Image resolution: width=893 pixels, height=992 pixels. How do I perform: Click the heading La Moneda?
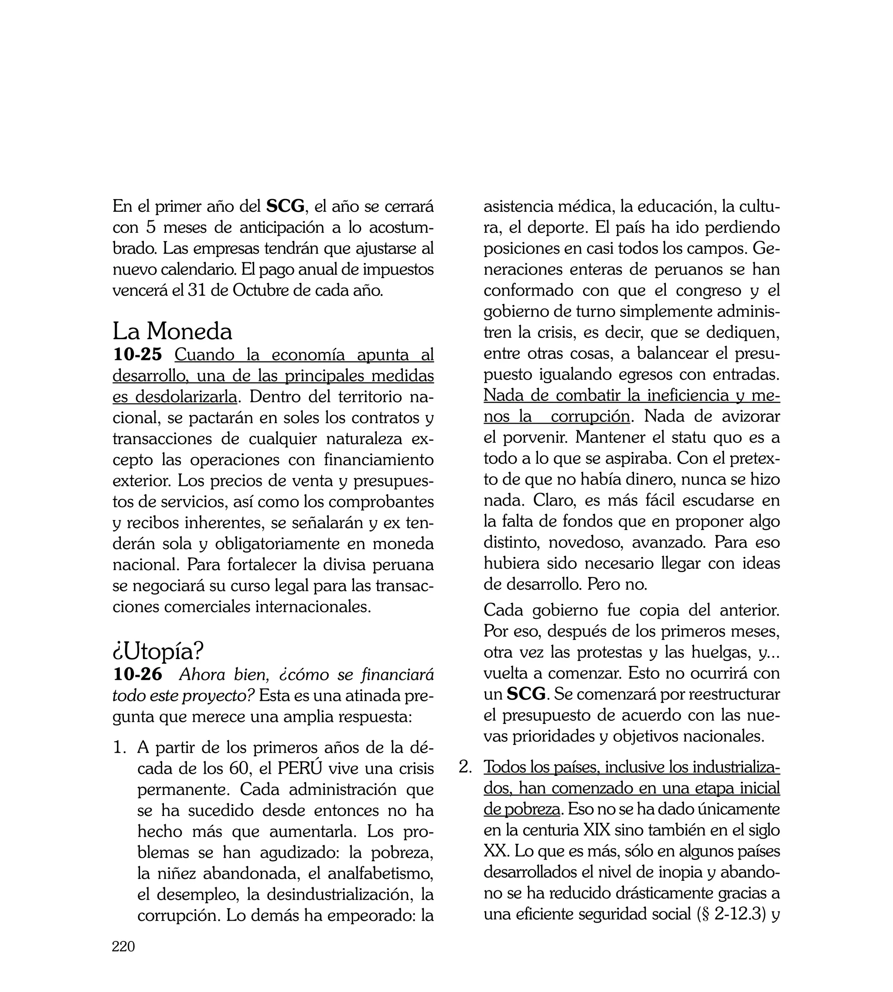click(x=172, y=332)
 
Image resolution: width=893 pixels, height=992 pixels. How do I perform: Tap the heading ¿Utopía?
click(x=158, y=651)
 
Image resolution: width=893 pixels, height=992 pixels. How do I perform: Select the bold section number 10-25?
click(x=137, y=354)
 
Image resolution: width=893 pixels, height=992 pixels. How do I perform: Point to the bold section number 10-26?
click(x=137, y=675)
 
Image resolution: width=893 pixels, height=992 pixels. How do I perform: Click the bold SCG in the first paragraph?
click(x=286, y=207)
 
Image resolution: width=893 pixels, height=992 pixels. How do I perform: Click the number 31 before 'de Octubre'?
click(x=197, y=291)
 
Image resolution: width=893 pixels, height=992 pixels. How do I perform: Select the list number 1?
click(x=119, y=747)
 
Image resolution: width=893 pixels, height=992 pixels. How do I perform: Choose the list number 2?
click(x=465, y=767)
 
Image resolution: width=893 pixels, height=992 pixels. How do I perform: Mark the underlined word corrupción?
click(x=590, y=416)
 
